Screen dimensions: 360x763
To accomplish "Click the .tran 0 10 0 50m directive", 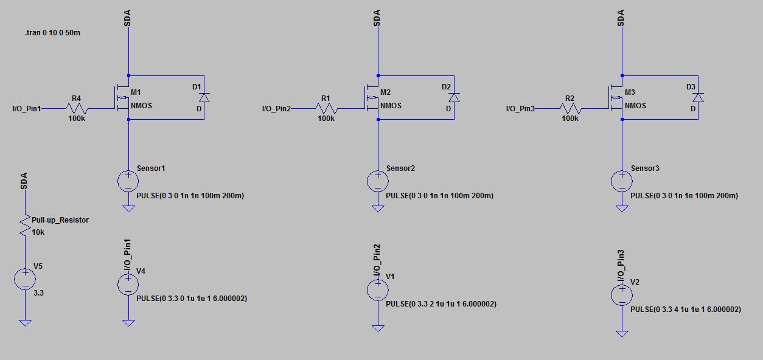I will [x=52, y=33].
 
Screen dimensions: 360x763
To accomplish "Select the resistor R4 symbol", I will [x=77, y=109].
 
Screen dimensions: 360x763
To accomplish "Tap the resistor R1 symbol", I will [x=326, y=109].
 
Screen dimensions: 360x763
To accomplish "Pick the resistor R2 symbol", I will [x=570, y=109].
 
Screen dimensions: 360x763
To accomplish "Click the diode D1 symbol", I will [x=204, y=97].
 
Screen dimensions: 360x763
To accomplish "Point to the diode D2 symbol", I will [x=454, y=97].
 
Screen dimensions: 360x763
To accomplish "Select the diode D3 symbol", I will [x=698, y=97].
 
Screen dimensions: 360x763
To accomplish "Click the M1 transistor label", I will [x=136, y=92].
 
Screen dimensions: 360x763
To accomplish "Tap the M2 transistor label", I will [x=386, y=92].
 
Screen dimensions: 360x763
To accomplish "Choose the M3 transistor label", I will [x=630, y=92].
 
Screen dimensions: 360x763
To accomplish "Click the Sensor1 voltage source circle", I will [x=128, y=181].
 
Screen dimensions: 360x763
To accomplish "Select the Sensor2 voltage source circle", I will [x=378, y=181].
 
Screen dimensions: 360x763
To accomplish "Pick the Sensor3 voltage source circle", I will [x=622, y=181].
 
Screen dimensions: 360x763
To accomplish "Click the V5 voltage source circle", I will [x=25, y=279].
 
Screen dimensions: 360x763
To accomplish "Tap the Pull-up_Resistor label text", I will [x=64, y=220].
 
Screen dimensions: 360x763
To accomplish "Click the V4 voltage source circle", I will [x=128, y=284].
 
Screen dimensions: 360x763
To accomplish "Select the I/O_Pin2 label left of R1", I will [x=276, y=109].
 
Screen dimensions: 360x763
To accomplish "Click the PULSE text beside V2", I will [x=686, y=309].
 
